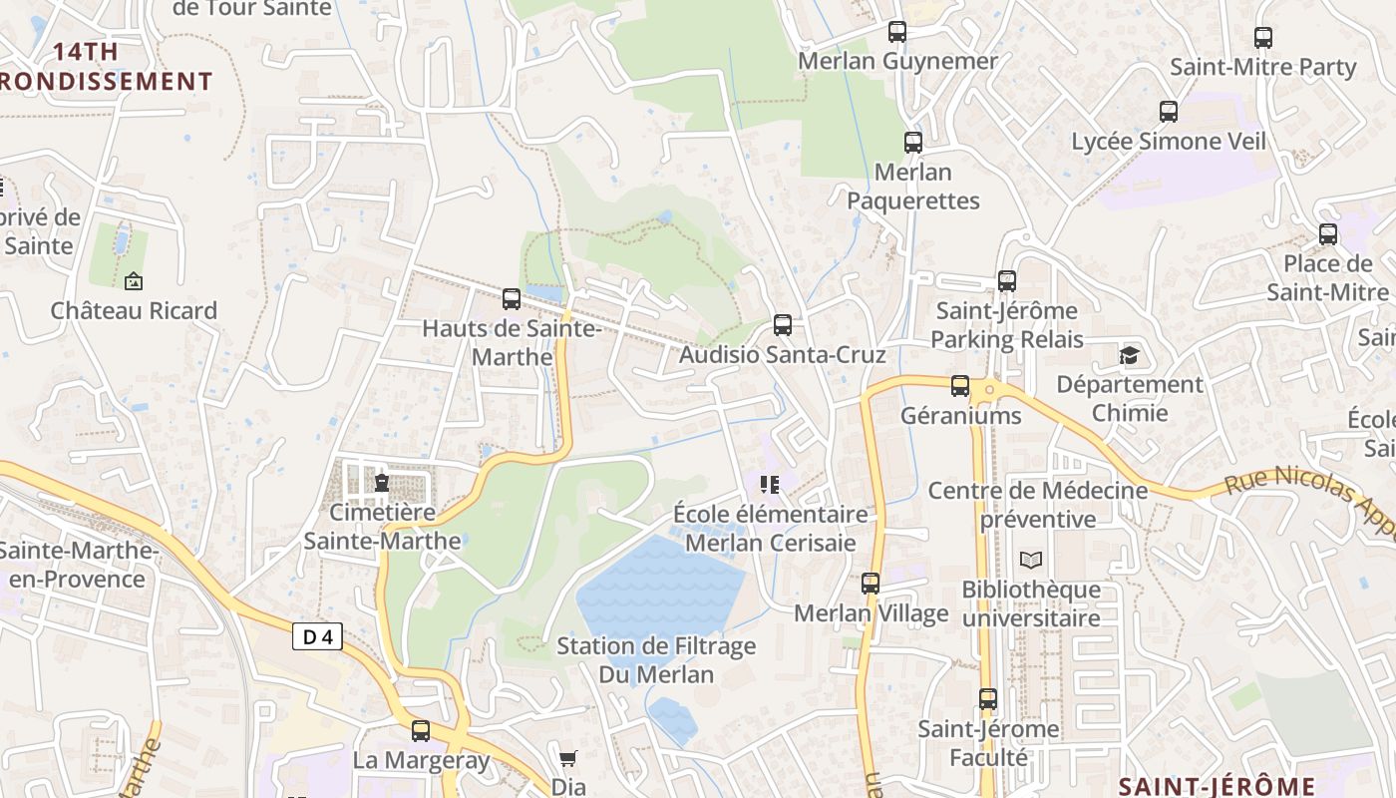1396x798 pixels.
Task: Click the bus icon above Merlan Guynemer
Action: [x=897, y=32]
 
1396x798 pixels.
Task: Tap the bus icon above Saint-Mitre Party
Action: [x=1263, y=38]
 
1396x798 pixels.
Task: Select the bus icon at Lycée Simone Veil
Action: [x=1169, y=112]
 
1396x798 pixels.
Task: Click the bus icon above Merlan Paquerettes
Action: [x=913, y=142]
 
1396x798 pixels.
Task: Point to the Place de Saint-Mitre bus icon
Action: [x=1328, y=234]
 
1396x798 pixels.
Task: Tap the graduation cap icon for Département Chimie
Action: [x=1130, y=355]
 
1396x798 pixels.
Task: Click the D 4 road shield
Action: [x=317, y=636]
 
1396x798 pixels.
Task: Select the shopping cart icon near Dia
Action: [x=568, y=758]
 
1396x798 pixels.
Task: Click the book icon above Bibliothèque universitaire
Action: [x=1030, y=561]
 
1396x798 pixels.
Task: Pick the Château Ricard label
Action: [x=134, y=310]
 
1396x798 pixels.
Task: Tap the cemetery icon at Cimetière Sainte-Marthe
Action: [x=381, y=484]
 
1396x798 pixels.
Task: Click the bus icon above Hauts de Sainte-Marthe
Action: [x=512, y=298]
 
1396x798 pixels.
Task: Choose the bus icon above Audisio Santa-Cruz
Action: [x=783, y=325]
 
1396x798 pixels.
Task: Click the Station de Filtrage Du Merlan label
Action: [x=656, y=659]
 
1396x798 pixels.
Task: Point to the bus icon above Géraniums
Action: [x=960, y=386]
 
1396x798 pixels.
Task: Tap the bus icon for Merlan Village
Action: [x=871, y=584]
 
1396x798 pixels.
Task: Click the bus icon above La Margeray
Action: [x=421, y=731]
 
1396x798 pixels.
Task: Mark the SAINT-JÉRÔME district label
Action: [x=1217, y=786]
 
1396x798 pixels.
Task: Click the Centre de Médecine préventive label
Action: [x=1038, y=505]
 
